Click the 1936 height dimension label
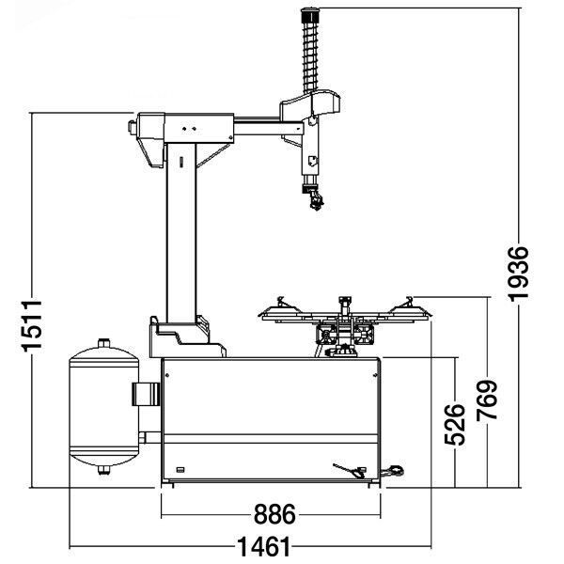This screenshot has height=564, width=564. (519, 274)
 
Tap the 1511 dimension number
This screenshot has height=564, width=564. (32, 325)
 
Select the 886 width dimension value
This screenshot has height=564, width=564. (274, 514)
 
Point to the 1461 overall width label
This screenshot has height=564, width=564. (264, 546)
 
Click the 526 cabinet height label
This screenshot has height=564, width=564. (455, 425)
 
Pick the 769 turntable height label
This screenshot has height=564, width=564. (487, 399)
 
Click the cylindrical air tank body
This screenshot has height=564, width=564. (104, 407)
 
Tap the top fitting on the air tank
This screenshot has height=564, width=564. (104, 342)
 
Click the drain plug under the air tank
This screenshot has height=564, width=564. (104, 470)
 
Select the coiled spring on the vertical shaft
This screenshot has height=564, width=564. (310, 55)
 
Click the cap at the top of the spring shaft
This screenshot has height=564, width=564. (310, 15)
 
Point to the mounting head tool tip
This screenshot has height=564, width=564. (316, 201)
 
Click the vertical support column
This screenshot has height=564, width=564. (181, 233)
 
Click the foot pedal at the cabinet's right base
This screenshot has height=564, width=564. (393, 471)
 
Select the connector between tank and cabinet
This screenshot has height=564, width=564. (146, 394)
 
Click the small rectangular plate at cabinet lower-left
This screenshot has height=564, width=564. (180, 469)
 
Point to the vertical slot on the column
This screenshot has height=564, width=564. (181, 162)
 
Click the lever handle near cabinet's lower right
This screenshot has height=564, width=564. (349, 471)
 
